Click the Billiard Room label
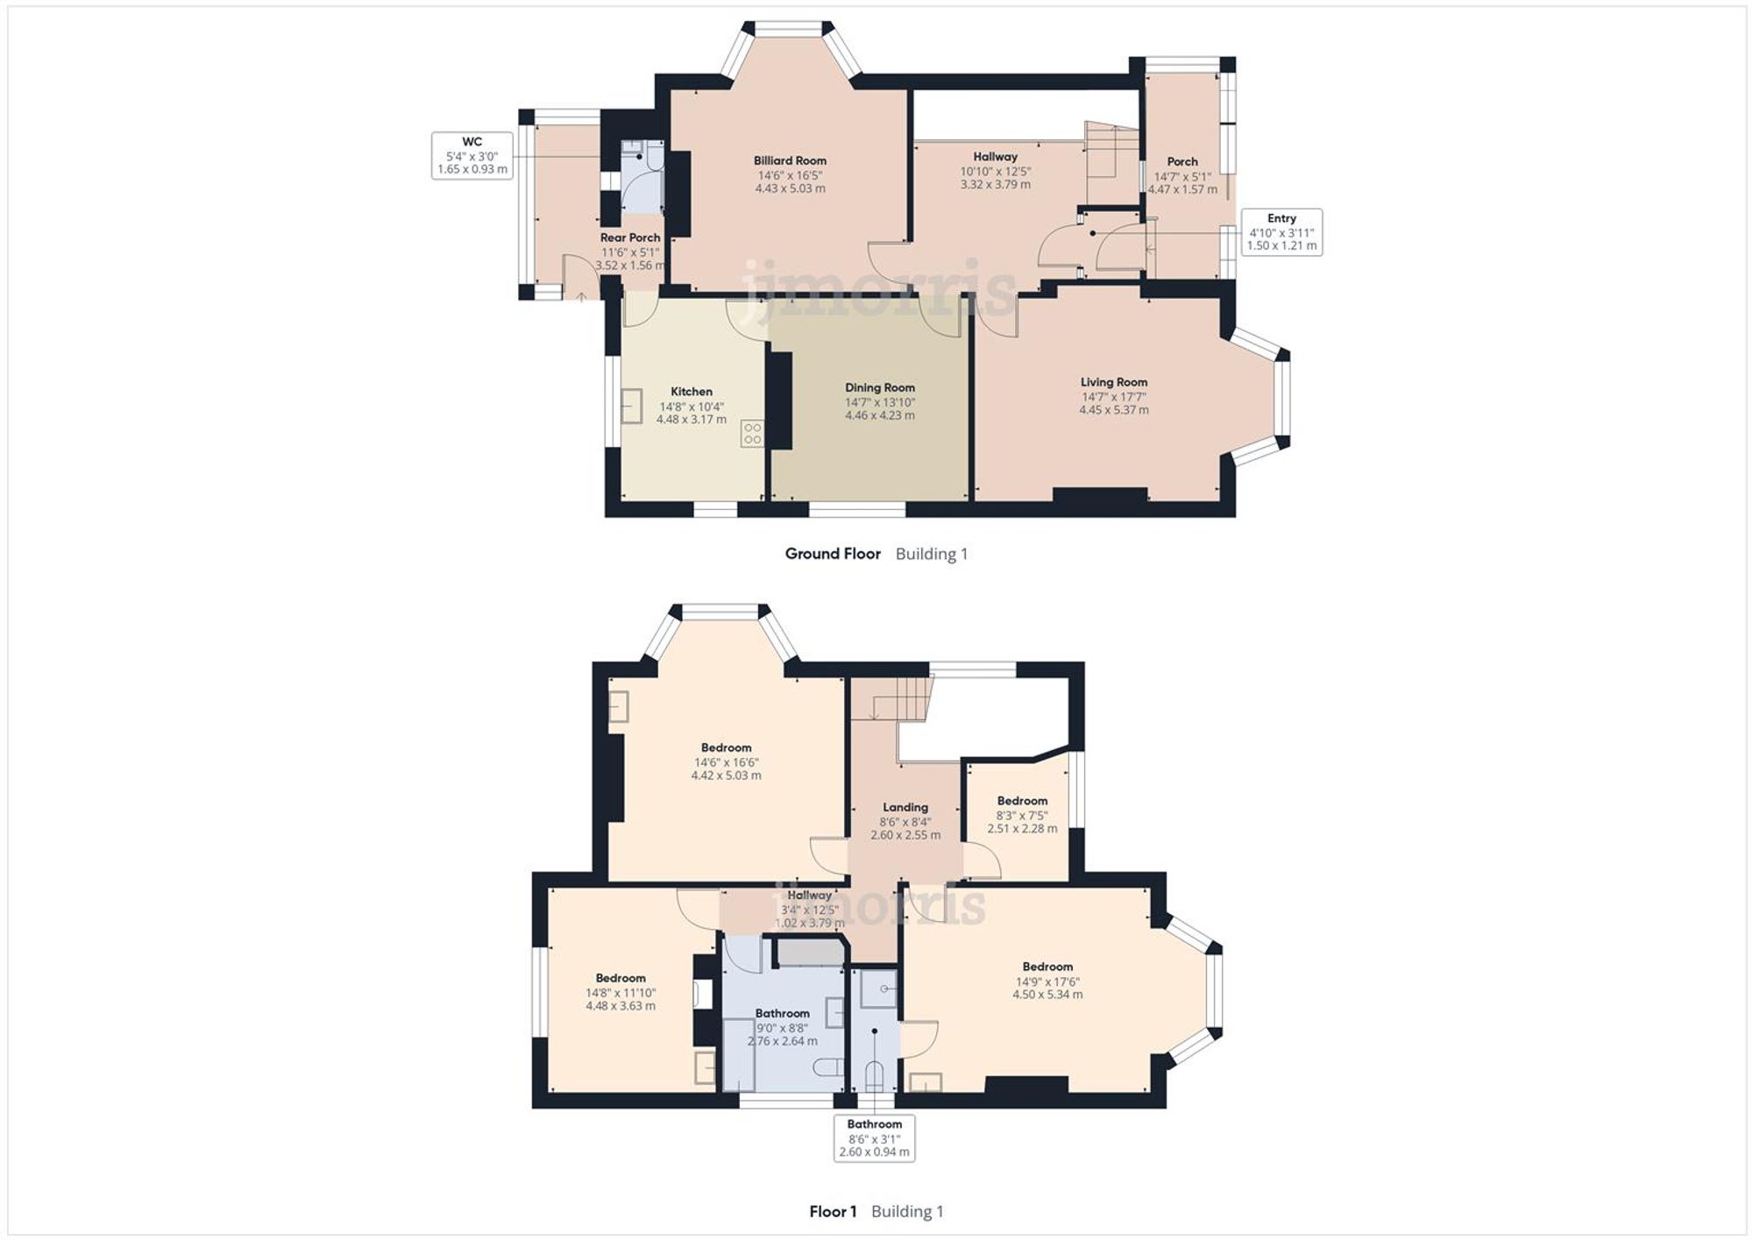tap(790, 161)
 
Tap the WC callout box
tap(472, 155)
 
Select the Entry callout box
tap(1281, 232)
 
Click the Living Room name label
tap(1113, 382)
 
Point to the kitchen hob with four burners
tap(752, 434)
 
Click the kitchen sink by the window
tap(631, 407)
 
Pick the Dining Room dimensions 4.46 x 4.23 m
tap(879, 415)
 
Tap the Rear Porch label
tap(630, 237)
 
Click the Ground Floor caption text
tap(832, 554)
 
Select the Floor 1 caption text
tap(833, 1211)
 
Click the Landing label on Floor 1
tap(905, 807)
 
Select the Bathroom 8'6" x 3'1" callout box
tap(874, 1137)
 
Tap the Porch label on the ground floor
tap(1182, 162)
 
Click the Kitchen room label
tap(691, 392)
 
